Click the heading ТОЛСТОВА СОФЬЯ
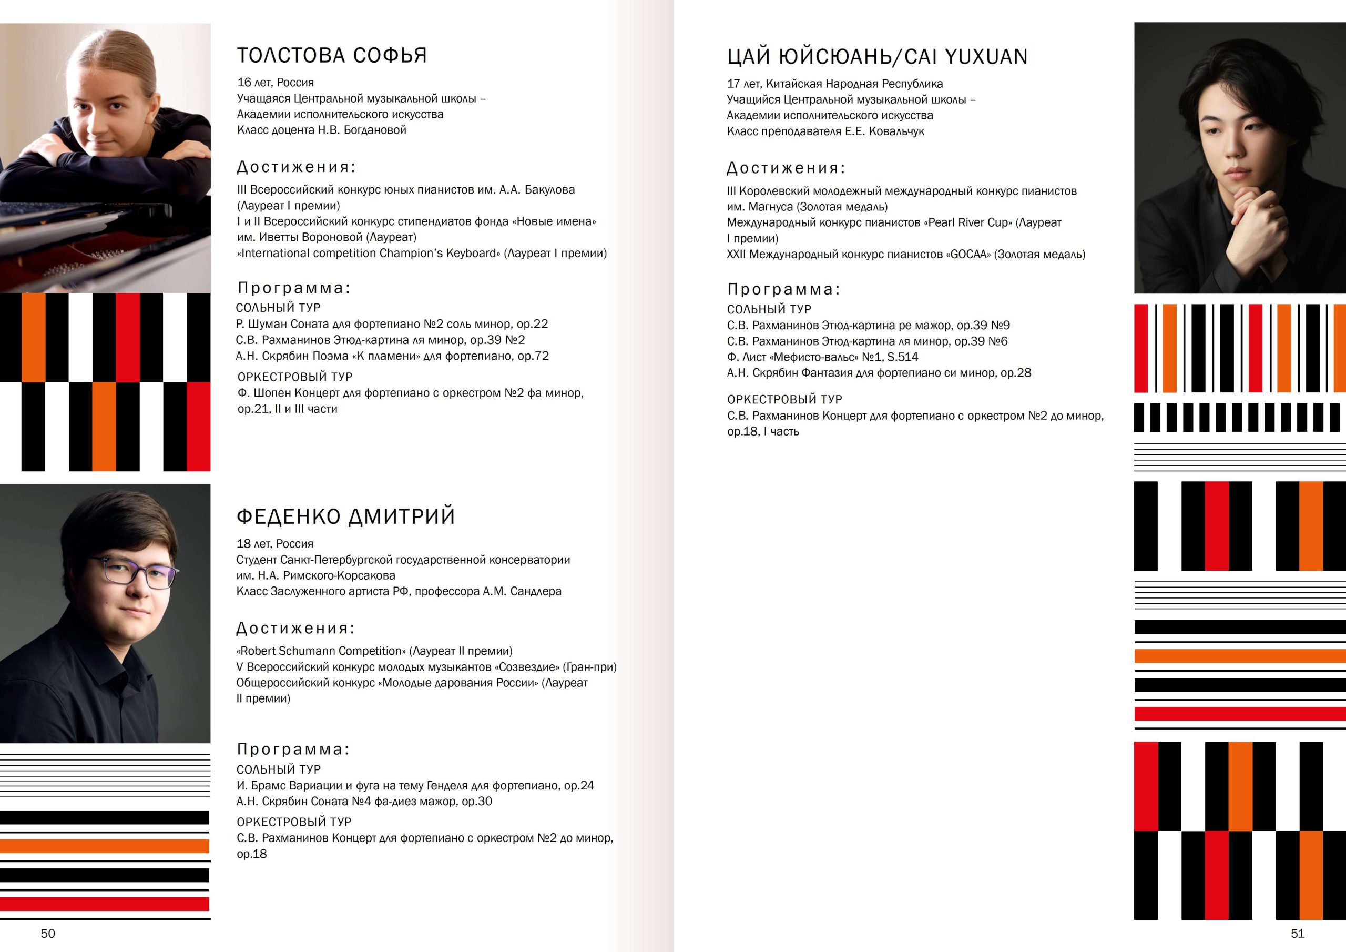tap(332, 56)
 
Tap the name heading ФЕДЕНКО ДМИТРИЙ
tap(345, 517)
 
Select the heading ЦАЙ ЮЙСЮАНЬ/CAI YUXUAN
tap(877, 57)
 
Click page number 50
tap(48, 933)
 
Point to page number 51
tap(1297, 933)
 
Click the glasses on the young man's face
tap(140, 573)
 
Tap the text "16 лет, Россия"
tap(276, 83)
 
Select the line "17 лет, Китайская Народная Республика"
tap(835, 84)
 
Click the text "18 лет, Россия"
tap(275, 544)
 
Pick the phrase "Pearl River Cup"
tap(968, 223)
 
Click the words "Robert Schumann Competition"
tap(321, 651)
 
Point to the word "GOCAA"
tap(968, 255)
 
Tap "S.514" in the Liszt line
tap(903, 357)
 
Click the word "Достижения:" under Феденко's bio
tap(296, 629)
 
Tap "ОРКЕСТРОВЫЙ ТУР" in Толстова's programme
tap(295, 377)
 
